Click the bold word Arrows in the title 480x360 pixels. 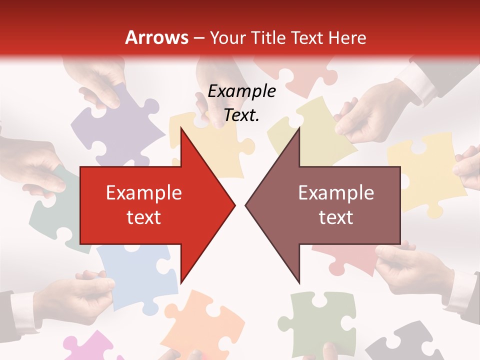156,37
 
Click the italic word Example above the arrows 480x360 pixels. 241,91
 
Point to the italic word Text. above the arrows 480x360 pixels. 241,115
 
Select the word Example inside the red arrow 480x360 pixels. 143,192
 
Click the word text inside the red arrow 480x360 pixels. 143,217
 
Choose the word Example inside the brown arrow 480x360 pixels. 336,192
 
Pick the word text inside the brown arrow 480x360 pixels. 336,217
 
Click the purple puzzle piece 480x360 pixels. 107,125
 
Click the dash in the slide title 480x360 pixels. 199,38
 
